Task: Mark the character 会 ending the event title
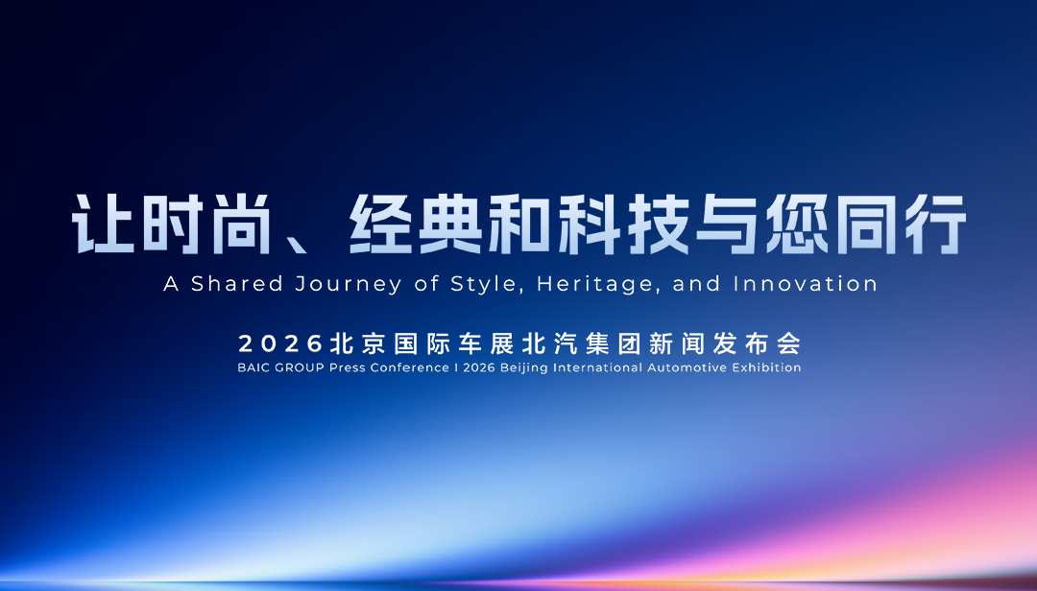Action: point(788,343)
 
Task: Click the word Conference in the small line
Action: point(409,367)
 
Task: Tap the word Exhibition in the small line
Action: point(768,367)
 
